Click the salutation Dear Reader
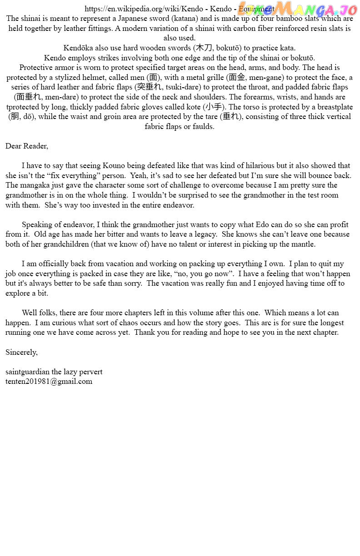[x=26, y=146]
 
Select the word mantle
[x=304, y=244]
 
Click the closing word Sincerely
[x=21, y=352]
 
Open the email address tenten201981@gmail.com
[x=49, y=382]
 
